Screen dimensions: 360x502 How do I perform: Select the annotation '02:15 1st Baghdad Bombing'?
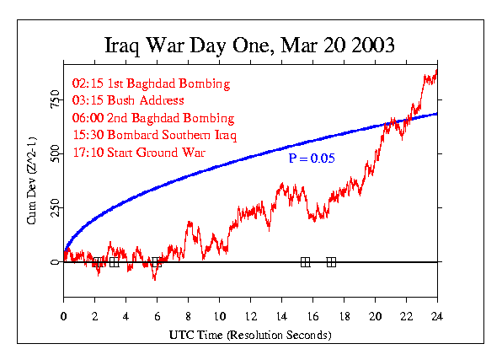pyautogui.click(x=152, y=83)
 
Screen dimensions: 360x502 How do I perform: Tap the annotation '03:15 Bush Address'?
pyautogui.click(x=128, y=100)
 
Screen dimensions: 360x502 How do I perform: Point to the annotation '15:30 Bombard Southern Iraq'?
pyautogui.click(x=155, y=136)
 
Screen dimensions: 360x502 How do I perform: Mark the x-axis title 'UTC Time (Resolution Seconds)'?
pyautogui.click(x=250, y=335)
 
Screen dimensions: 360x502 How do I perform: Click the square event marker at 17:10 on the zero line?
pyautogui.click(x=331, y=262)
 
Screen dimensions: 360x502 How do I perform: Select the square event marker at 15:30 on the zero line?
pyautogui.click(x=305, y=262)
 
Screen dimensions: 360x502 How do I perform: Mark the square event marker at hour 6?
pyautogui.click(x=157, y=262)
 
